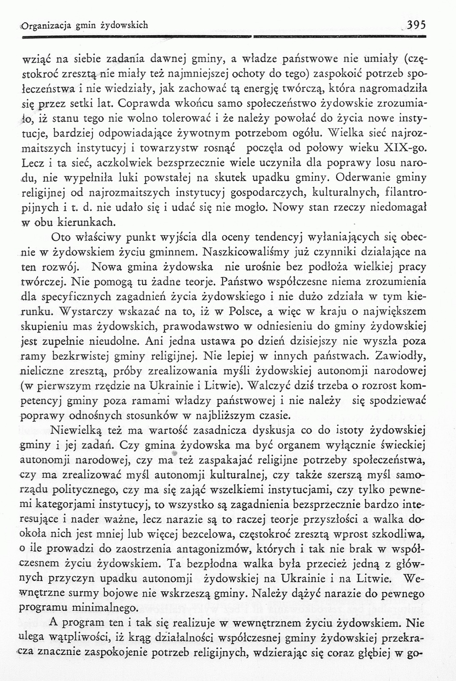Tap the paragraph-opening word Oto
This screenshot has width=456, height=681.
click(61, 237)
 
